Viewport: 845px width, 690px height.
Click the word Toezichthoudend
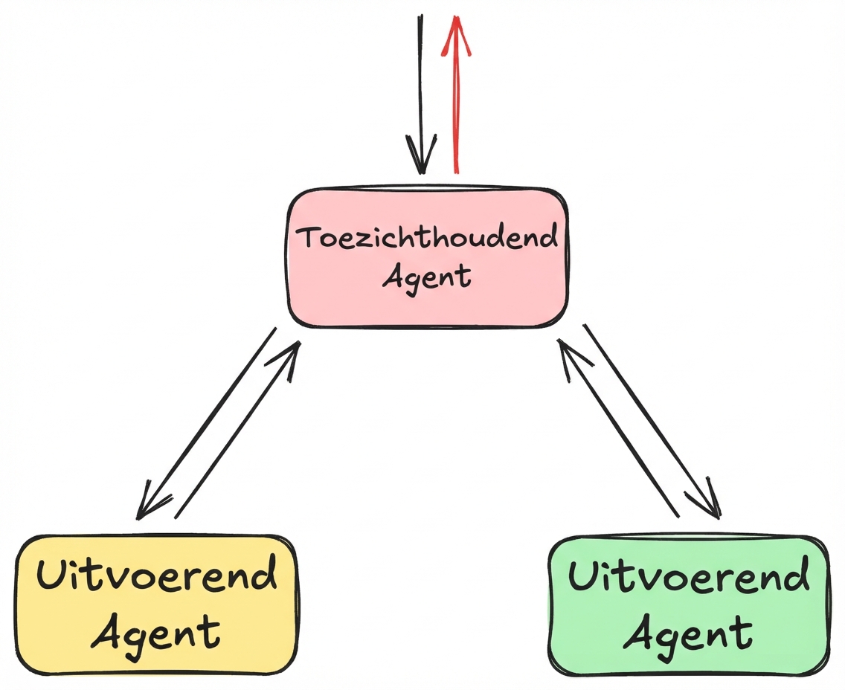coord(427,238)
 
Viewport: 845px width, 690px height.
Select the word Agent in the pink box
coord(427,277)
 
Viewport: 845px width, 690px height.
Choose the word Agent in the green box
coord(688,633)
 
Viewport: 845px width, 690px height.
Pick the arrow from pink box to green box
coord(652,420)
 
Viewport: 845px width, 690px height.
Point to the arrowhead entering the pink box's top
coord(421,156)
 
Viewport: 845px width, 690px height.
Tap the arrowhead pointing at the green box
coord(710,503)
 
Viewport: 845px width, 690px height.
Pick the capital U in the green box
coord(584,575)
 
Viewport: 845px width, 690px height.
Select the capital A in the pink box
coord(393,277)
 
